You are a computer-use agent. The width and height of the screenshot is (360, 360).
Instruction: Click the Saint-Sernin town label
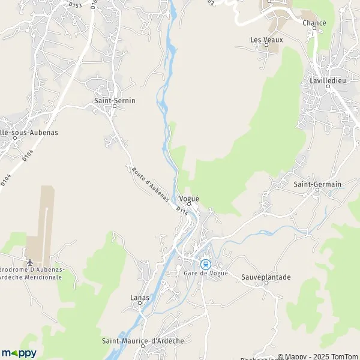[115, 100]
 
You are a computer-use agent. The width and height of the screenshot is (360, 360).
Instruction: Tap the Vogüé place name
[189, 199]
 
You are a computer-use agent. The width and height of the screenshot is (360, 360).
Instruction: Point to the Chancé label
[314, 23]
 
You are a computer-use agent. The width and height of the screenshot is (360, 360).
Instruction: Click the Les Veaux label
[266, 40]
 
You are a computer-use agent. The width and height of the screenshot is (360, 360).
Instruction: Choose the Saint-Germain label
[318, 184]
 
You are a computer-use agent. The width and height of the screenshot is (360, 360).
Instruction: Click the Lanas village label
[140, 297]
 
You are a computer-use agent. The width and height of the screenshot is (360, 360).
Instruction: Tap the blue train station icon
[205, 264]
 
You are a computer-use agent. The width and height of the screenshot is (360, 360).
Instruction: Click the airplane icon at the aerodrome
[30, 263]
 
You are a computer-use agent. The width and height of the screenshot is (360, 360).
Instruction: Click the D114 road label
[182, 211]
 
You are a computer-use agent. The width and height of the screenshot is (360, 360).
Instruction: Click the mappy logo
[19, 353]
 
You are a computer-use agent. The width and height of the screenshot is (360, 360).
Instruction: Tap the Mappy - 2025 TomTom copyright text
[317, 356]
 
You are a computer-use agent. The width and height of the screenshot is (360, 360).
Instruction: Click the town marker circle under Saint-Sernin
[115, 107]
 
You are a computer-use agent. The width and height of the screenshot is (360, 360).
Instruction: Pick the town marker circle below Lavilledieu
[328, 86]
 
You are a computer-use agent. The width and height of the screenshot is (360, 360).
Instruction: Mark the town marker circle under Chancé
[314, 29]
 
